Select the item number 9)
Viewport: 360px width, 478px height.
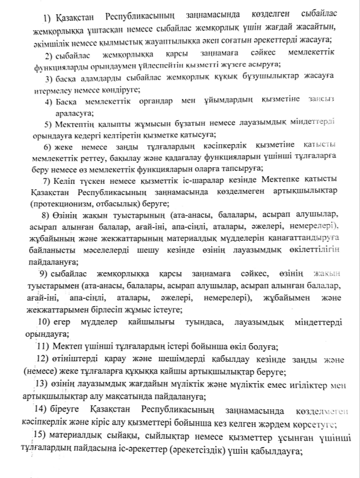tap(43, 273)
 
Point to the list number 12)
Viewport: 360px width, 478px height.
tap(43, 359)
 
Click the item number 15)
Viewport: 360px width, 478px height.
tap(42, 436)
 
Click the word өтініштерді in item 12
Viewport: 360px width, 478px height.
tap(75, 360)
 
